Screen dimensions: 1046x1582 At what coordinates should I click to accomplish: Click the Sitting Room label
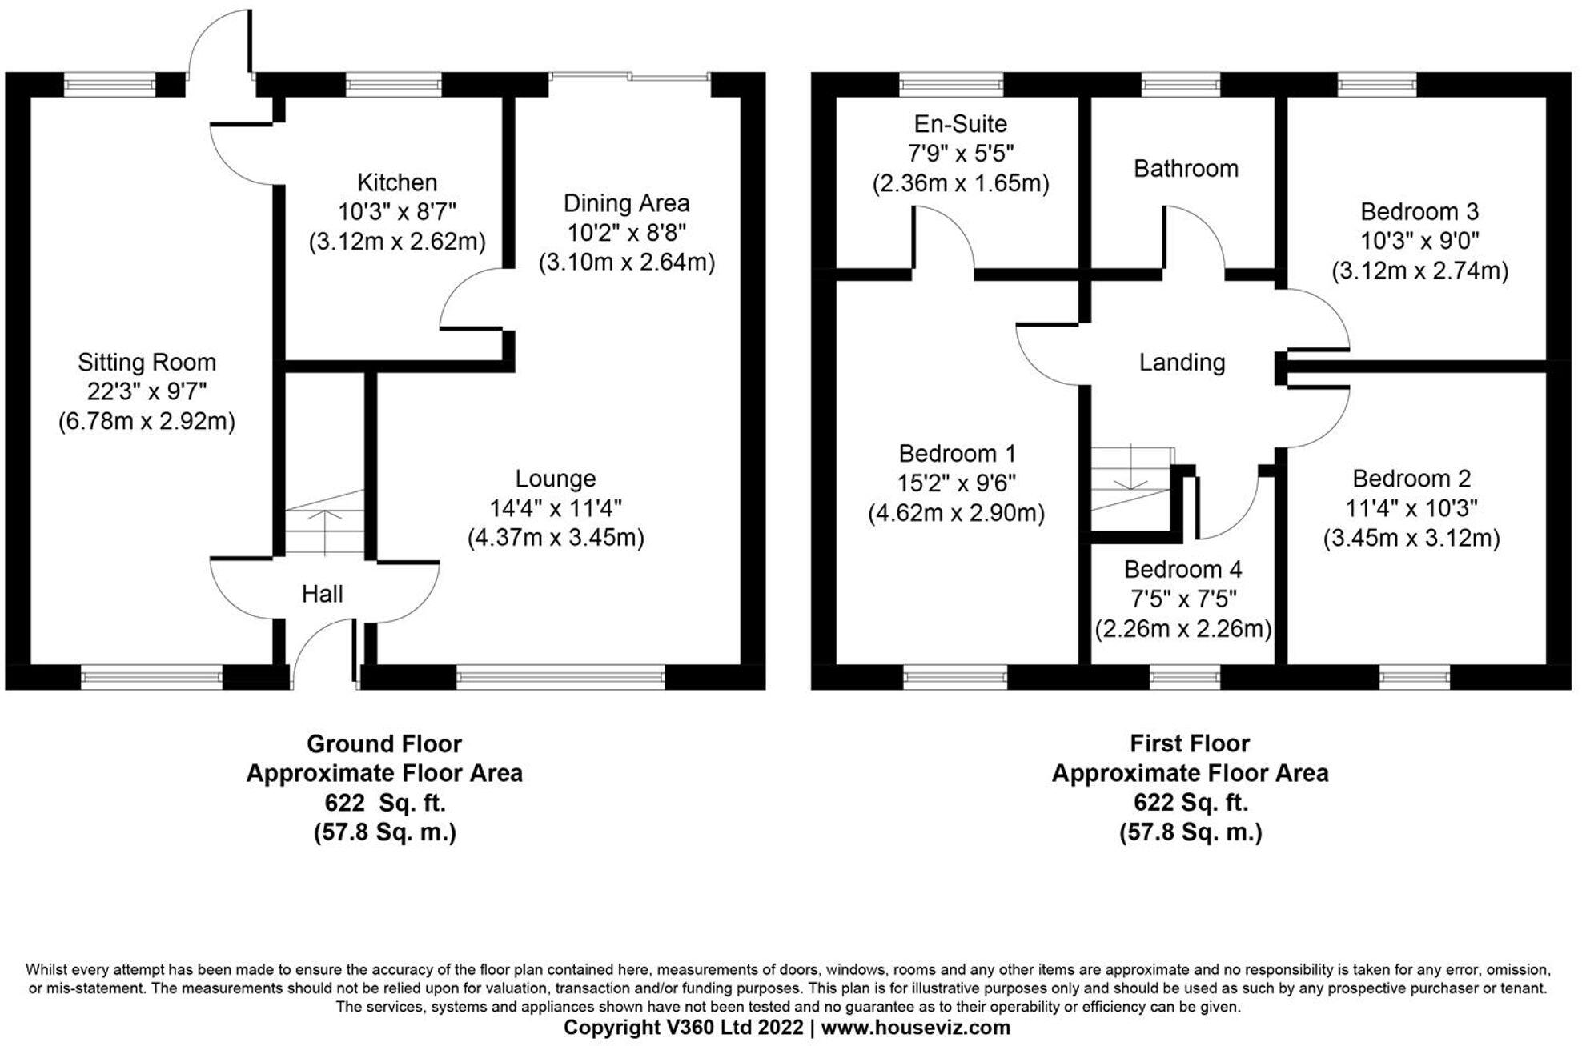(x=147, y=363)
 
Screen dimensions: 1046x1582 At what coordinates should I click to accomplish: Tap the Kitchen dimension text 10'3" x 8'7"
(x=396, y=212)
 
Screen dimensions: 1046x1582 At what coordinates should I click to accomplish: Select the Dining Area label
(x=626, y=203)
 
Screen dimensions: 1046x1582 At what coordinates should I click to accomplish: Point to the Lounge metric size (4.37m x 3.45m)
(x=556, y=537)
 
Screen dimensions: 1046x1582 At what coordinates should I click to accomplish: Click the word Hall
(x=322, y=594)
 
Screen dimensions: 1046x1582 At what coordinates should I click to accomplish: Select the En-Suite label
(x=960, y=124)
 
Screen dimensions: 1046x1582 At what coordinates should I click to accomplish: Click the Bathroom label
(x=1186, y=169)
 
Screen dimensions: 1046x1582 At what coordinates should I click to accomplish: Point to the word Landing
(x=1182, y=363)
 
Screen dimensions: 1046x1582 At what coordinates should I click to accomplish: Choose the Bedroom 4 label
(x=1182, y=569)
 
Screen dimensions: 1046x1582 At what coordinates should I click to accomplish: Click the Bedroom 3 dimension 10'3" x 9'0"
(x=1419, y=241)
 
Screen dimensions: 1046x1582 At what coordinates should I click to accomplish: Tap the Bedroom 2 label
(x=1411, y=479)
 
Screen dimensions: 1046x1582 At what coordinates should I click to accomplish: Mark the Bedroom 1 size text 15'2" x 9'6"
(x=957, y=483)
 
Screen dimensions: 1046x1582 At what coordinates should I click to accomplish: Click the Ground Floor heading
(x=383, y=743)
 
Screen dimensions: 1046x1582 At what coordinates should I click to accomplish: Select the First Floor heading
(x=1189, y=743)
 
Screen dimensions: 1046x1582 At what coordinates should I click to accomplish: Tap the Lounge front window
(x=560, y=678)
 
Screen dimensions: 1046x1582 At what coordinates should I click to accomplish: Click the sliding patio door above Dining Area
(x=629, y=77)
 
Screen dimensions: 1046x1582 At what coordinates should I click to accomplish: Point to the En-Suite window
(x=950, y=84)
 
